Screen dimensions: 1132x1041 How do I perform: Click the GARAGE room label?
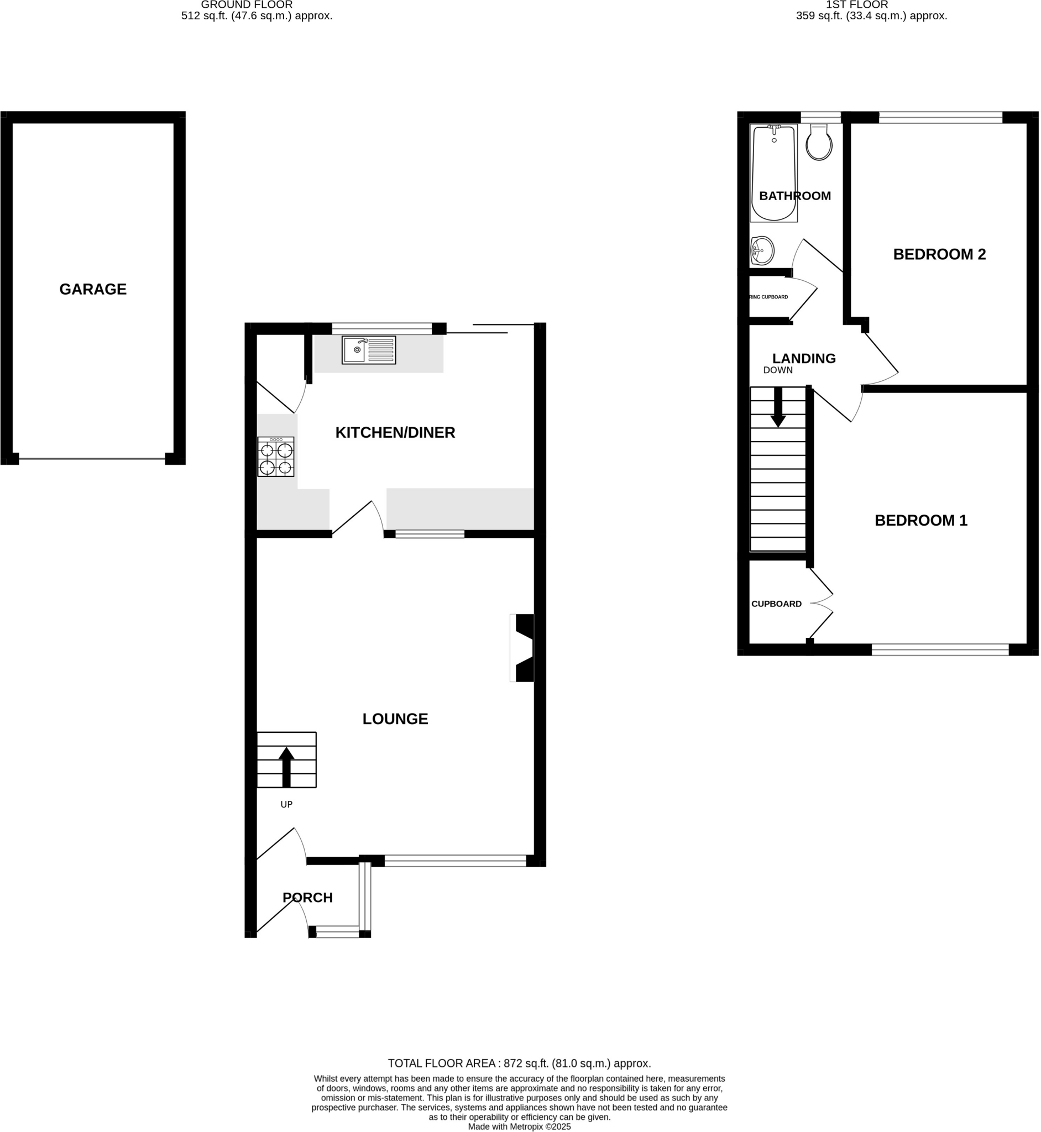[x=93, y=290]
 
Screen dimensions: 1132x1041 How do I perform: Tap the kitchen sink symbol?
[x=369, y=350]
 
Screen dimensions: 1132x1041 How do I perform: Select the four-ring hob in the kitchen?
[x=275, y=457]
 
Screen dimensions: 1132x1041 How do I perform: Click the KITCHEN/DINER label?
[x=395, y=433]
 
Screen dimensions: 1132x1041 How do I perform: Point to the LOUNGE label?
[x=395, y=719]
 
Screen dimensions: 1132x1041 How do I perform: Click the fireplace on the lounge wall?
[x=524, y=648]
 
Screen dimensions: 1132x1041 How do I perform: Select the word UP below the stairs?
[x=286, y=805]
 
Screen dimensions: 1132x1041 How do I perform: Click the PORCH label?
[x=307, y=898]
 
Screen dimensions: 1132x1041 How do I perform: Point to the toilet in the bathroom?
[x=819, y=144]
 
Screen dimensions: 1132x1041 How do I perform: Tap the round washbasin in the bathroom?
[x=762, y=249]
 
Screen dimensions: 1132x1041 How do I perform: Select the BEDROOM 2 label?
[x=940, y=255]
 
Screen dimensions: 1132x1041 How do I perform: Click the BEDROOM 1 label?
[x=921, y=520]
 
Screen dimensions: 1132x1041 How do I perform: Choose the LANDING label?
[x=804, y=358]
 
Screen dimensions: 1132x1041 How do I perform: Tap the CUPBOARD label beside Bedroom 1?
[x=776, y=604]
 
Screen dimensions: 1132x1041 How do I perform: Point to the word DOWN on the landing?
[x=778, y=370]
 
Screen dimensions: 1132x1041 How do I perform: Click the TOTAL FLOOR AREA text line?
[x=519, y=1064]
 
